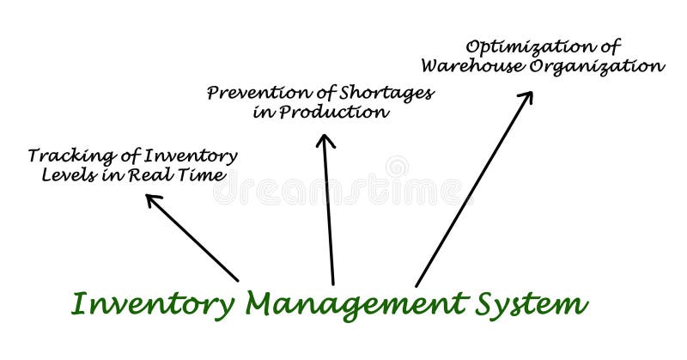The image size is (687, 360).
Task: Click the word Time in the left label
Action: tap(207, 175)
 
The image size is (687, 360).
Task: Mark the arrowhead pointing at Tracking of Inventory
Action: tap(152, 200)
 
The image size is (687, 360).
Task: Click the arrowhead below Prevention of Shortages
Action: tap(325, 140)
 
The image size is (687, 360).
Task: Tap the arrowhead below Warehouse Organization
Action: tap(526, 97)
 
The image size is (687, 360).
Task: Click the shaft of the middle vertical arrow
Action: tap(329, 215)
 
